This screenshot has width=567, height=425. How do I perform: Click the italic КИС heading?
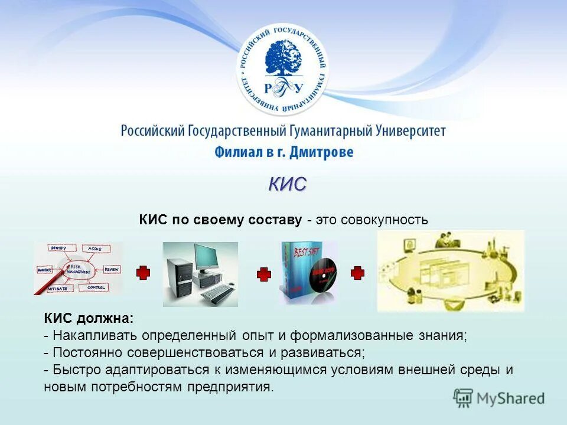(x=288, y=184)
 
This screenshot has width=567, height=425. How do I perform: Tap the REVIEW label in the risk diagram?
(x=112, y=269)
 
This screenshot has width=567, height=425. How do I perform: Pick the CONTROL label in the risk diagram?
(x=96, y=287)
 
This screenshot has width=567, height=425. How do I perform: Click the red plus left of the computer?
(x=143, y=273)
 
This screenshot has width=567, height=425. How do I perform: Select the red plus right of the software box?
(x=357, y=273)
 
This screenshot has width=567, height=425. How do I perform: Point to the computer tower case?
(x=180, y=277)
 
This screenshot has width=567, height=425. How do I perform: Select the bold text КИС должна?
(x=89, y=319)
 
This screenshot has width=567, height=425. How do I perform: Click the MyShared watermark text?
(x=510, y=398)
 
